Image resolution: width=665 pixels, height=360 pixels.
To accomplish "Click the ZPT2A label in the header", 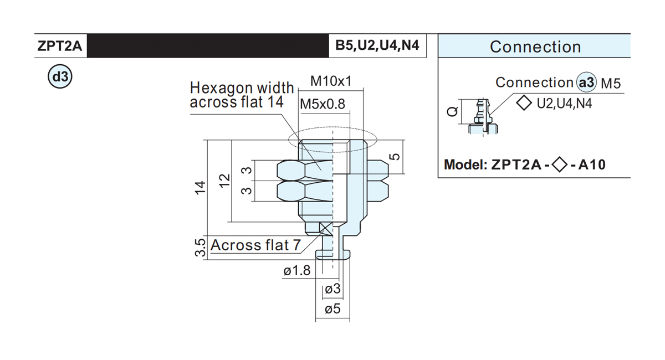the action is click(x=60, y=46).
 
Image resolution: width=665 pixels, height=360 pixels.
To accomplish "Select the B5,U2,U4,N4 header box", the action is click(x=377, y=45).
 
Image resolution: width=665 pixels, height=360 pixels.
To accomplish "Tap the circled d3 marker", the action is click(x=60, y=76).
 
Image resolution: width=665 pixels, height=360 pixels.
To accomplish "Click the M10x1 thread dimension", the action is click(x=331, y=81).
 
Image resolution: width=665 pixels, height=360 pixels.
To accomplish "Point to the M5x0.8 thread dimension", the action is click(x=323, y=104).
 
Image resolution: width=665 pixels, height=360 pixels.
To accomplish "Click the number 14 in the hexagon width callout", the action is click(x=275, y=102).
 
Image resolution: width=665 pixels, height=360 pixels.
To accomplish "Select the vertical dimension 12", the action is click(x=225, y=180).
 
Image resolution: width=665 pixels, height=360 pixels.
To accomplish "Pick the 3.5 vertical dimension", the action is click(x=201, y=248).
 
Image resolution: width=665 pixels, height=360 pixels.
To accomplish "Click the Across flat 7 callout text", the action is click(x=255, y=245).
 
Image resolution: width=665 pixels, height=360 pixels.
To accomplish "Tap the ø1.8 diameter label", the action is click(x=297, y=270).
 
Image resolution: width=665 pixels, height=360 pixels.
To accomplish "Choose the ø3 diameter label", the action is click(x=333, y=289).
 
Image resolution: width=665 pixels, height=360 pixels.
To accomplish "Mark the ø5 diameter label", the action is click(x=332, y=309).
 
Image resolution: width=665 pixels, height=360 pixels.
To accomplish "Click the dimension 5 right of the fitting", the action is click(x=395, y=156).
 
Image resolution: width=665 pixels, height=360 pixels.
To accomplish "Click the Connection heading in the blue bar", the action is click(x=535, y=47).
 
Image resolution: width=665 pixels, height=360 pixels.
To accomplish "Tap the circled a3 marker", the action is click(x=586, y=82).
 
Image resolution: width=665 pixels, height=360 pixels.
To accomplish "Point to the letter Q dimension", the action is click(x=452, y=111).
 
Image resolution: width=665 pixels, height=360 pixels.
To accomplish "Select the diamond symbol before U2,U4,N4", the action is click(x=524, y=103).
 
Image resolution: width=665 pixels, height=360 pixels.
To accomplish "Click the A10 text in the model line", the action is click(x=592, y=164).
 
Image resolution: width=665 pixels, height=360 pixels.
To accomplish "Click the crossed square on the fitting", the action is click(x=326, y=229).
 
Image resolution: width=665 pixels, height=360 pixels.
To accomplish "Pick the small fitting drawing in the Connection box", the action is click(x=483, y=117).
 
